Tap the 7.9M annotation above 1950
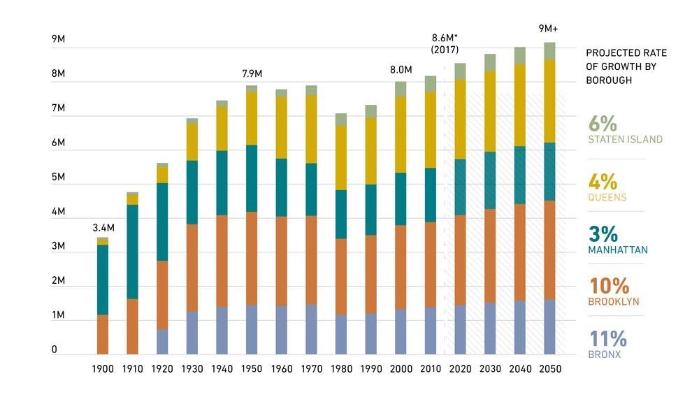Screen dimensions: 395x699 252,73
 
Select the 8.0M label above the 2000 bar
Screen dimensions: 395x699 401,69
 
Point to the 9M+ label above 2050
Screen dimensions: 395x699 549,29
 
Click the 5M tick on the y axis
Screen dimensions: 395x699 58,178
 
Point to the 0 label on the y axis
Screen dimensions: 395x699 54,350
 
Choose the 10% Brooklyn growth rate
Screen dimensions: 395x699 608,286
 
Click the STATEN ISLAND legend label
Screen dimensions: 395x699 624,139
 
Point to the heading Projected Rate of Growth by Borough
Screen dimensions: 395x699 626,66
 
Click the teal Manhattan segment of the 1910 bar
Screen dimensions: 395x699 132,252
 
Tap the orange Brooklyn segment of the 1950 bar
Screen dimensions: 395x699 251,259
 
